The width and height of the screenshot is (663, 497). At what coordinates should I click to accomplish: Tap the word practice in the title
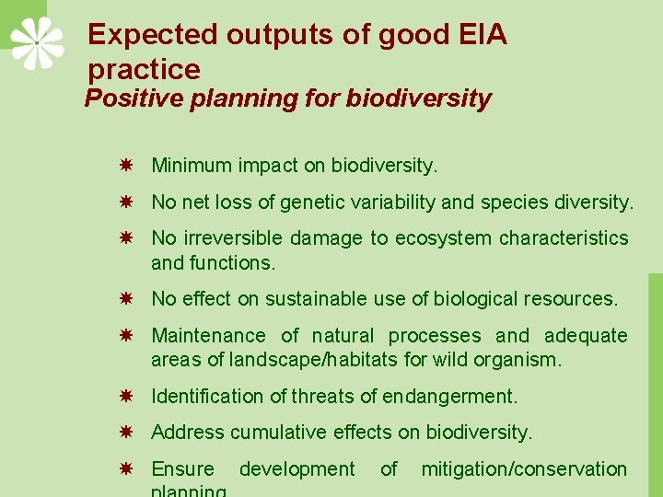[144, 70]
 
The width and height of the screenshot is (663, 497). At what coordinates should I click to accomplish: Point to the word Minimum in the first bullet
[192, 166]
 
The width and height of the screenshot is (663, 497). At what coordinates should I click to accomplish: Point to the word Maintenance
[209, 336]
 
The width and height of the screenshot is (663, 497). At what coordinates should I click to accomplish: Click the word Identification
[208, 397]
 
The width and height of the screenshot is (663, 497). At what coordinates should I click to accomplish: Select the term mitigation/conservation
[524, 469]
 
